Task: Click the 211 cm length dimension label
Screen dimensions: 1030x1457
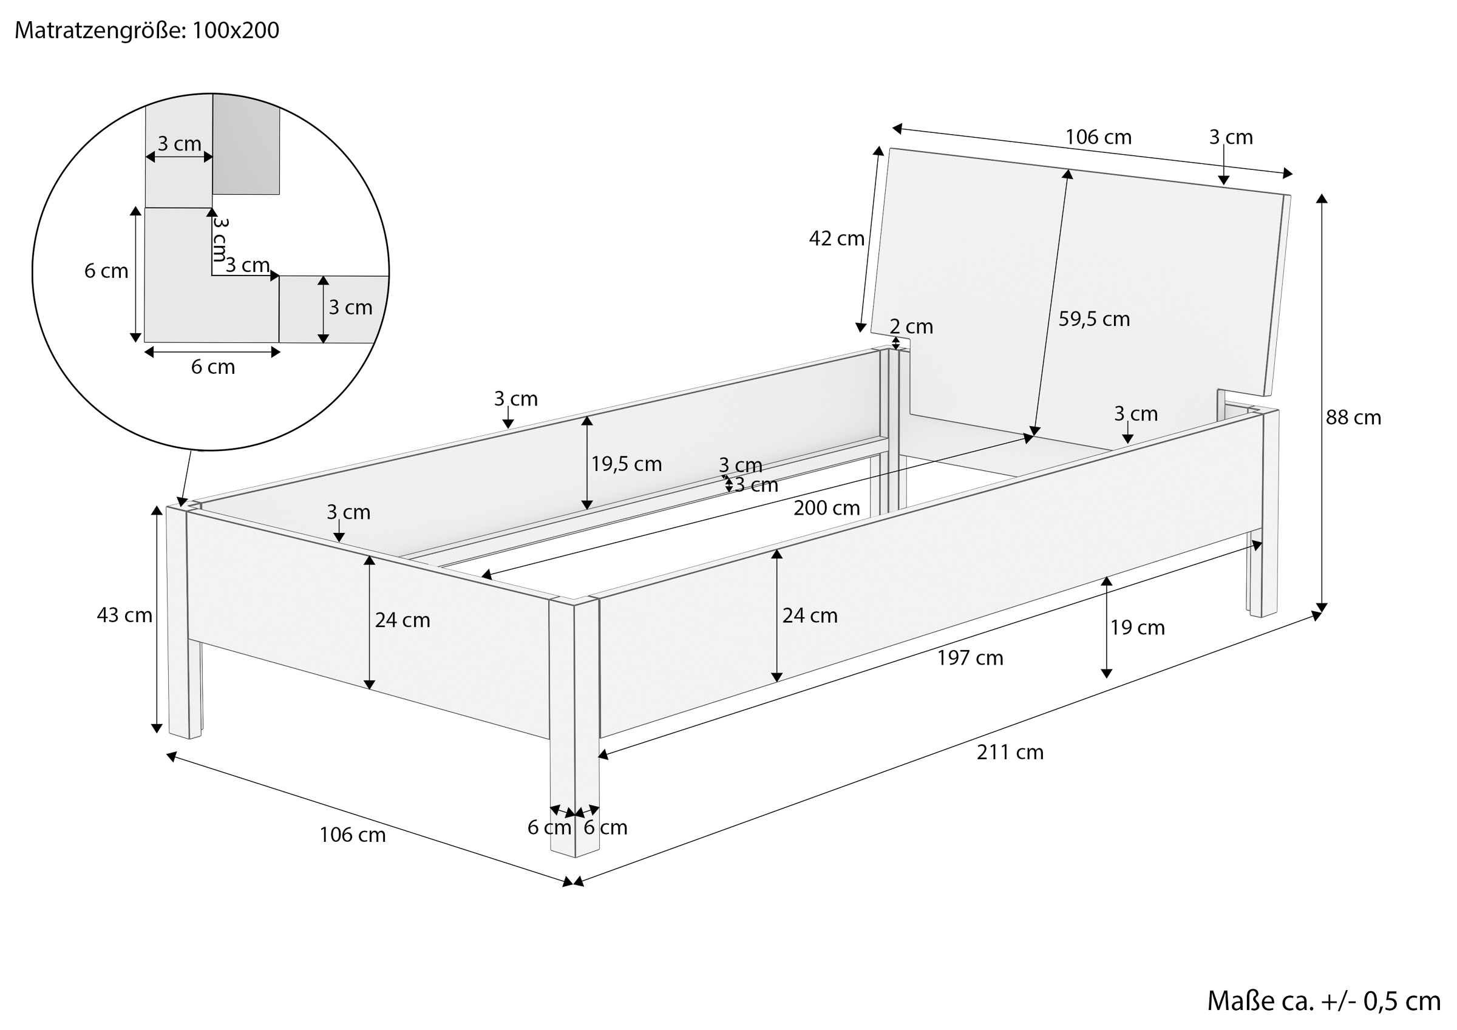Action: click(x=1010, y=752)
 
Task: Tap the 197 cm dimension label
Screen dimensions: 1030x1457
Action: click(x=970, y=658)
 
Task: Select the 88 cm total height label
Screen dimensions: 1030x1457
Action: click(x=1353, y=418)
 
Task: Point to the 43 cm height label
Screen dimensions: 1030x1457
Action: click(x=124, y=615)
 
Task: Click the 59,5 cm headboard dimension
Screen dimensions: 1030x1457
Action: click(x=1094, y=319)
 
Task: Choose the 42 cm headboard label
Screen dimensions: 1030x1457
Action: click(x=837, y=239)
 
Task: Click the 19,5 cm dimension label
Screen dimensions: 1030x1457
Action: click(x=627, y=464)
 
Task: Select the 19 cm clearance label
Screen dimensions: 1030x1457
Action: click(x=1137, y=628)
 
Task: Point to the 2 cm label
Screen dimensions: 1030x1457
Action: click(x=911, y=327)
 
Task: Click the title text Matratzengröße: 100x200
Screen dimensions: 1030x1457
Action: click(x=146, y=30)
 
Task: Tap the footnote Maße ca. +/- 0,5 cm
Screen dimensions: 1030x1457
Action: click(x=1323, y=1001)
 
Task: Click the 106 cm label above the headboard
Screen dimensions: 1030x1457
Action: click(x=1098, y=137)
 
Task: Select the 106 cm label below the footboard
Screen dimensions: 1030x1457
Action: click(x=352, y=835)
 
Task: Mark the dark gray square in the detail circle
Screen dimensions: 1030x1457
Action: click(x=246, y=144)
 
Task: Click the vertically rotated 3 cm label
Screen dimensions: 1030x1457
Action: click(x=220, y=239)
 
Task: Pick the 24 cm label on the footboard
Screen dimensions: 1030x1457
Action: click(x=402, y=620)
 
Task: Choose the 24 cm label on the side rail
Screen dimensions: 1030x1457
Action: click(x=810, y=615)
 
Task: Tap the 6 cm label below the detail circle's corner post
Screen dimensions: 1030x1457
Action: click(x=213, y=367)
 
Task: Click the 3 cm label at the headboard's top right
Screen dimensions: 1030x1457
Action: click(x=1231, y=137)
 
